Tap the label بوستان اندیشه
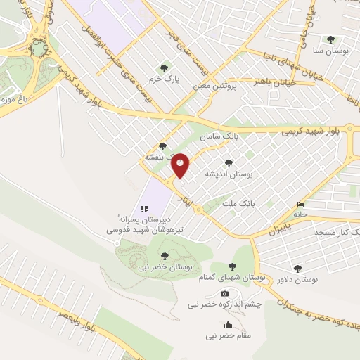pos(227,172)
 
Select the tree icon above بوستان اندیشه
pos(229,162)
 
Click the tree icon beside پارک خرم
pos(164,68)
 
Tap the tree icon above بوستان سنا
pos(331,39)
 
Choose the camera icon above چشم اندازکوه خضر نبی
pos(224,293)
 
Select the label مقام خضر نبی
pos(228,335)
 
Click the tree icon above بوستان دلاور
pos(297,268)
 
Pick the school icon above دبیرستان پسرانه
pos(144,208)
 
